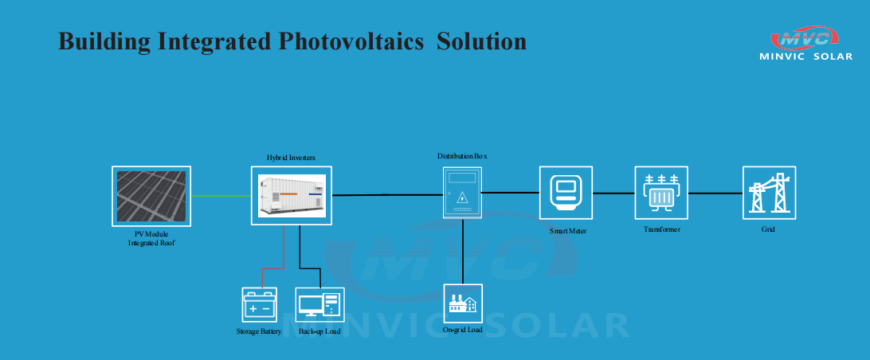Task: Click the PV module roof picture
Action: pyautogui.click(x=151, y=196)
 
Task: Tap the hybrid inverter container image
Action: pyautogui.click(x=292, y=195)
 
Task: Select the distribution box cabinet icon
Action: pyautogui.click(x=462, y=193)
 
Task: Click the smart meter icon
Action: pyautogui.click(x=566, y=193)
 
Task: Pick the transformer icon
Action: pyautogui.click(x=660, y=193)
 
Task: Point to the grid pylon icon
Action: pyautogui.click(x=769, y=193)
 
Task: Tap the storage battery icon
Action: pyautogui.click(x=259, y=304)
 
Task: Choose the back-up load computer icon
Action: pyautogui.click(x=319, y=304)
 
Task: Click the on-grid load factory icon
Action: pyautogui.click(x=463, y=303)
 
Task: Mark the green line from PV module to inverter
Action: pyautogui.click(x=221, y=196)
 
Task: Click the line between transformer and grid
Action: pyautogui.click(x=715, y=193)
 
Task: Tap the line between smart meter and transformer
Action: pyautogui.click(x=613, y=193)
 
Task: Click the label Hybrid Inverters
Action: pyautogui.click(x=291, y=158)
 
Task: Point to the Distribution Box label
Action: pyautogui.click(x=462, y=156)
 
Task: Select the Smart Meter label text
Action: pyautogui.click(x=567, y=231)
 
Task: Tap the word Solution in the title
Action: pyautogui.click(x=481, y=41)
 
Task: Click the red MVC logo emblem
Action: pyautogui.click(x=805, y=37)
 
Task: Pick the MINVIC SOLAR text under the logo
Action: pyautogui.click(x=805, y=57)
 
